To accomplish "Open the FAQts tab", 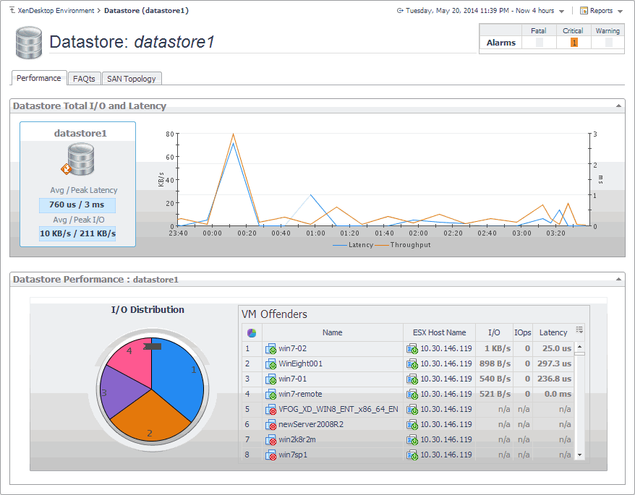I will coord(84,78).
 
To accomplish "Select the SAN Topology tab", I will coord(131,78).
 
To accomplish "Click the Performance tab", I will coord(39,78).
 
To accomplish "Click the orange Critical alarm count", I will coord(574,43).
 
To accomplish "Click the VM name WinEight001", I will coord(301,363).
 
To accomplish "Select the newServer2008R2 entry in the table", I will coord(311,424).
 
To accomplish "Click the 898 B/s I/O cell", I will coord(495,363).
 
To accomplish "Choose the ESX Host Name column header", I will coord(439,332).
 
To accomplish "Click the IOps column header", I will coord(522,332).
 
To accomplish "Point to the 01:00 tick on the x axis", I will coord(315,233).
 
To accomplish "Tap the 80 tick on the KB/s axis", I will coord(170,134).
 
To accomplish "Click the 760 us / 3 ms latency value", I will coord(77,205).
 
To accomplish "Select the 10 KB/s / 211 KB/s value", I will coord(77,233).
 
